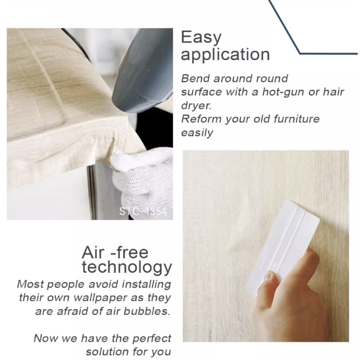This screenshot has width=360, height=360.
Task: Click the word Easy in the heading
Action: coord(201,38)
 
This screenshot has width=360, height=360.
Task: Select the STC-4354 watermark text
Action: coord(143,211)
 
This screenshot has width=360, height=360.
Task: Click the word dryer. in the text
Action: coord(196,105)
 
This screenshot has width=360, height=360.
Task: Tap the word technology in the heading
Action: coord(127,268)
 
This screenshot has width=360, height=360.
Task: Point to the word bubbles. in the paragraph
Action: coord(147,311)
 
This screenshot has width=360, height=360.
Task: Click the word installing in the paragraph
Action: coord(146,284)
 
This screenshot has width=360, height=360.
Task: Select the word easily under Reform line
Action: coord(197,133)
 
